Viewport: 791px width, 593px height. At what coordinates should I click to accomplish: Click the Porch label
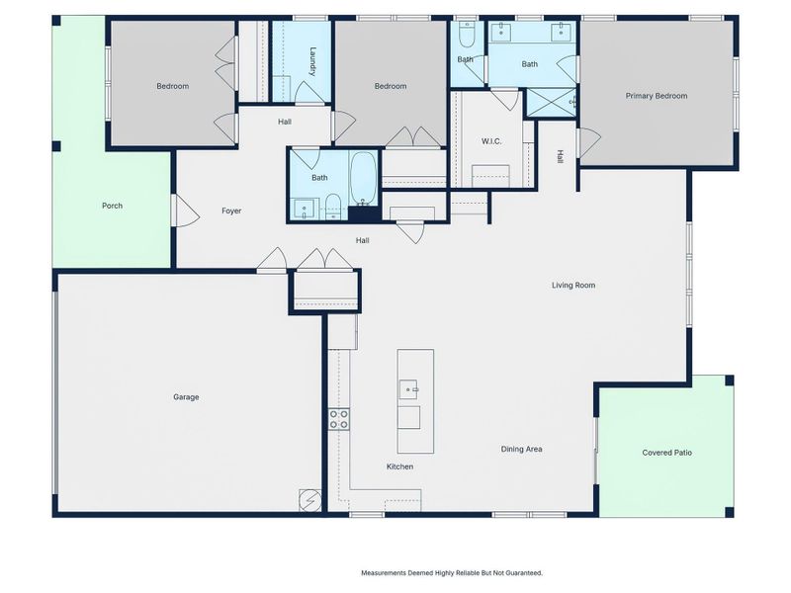click(x=112, y=206)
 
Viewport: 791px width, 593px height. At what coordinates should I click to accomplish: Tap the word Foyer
click(x=231, y=211)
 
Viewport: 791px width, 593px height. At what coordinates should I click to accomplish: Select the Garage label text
click(x=186, y=397)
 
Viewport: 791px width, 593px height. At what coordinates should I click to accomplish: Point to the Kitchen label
click(x=399, y=466)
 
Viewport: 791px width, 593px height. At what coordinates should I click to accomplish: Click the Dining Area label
click(x=521, y=450)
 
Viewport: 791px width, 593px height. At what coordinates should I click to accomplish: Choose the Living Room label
click(x=573, y=286)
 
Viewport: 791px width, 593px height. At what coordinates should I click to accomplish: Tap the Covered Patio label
click(x=667, y=453)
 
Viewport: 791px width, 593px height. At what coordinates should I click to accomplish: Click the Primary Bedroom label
click(x=656, y=96)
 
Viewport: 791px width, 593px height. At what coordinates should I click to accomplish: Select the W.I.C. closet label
click(x=490, y=141)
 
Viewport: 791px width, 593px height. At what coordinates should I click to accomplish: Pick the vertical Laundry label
click(x=312, y=62)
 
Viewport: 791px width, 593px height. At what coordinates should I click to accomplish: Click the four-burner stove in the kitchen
click(x=339, y=418)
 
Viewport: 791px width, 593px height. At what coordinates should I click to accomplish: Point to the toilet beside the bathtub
click(x=333, y=207)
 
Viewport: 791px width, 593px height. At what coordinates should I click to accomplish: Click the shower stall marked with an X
click(x=549, y=103)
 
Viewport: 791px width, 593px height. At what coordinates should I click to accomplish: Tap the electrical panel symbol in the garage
click(x=310, y=501)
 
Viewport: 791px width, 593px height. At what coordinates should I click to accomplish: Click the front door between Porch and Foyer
click(x=180, y=210)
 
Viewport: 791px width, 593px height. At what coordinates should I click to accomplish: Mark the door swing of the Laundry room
click(x=309, y=91)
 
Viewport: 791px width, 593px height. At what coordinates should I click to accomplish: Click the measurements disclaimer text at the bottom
click(x=451, y=572)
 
